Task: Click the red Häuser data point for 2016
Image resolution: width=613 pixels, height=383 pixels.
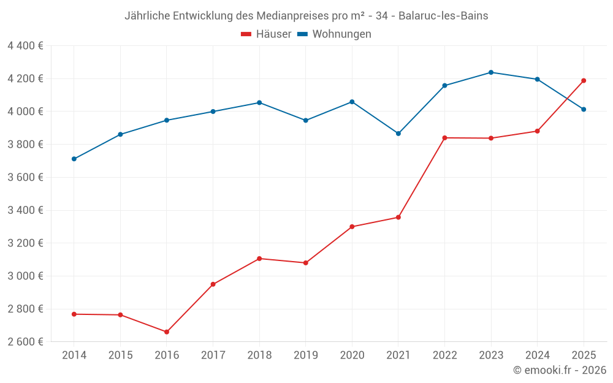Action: (167, 332)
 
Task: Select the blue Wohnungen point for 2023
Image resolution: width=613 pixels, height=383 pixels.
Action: (491, 72)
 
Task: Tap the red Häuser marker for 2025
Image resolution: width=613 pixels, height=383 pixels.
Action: (584, 80)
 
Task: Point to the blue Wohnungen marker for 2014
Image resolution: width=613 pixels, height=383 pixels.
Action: (74, 159)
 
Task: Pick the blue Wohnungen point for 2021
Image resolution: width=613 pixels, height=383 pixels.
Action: (398, 134)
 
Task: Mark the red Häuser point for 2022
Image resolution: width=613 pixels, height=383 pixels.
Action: (444, 138)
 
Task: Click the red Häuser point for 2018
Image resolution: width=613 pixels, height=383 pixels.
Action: (259, 259)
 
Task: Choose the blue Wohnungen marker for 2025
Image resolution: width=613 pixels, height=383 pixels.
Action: (584, 109)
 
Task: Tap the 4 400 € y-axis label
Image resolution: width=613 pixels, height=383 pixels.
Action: (25, 46)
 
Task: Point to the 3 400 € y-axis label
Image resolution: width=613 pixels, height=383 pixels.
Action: (25, 210)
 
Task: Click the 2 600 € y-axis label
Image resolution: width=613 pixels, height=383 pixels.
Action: (25, 342)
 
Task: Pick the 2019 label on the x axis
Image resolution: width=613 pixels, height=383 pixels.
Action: (305, 355)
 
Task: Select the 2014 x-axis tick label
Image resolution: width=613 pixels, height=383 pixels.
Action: (74, 355)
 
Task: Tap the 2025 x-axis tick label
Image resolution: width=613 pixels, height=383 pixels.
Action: (584, 355)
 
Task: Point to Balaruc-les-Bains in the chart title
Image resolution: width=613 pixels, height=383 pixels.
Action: (443, 16)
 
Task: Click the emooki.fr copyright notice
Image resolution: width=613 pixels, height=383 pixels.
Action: (560, 370)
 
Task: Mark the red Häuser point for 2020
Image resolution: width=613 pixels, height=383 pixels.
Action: (352, 227)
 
